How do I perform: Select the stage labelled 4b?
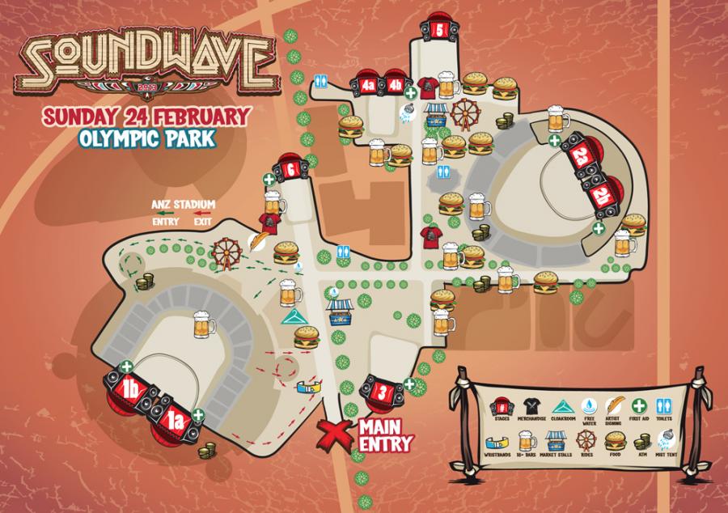pyautogui.click(x=395, y=85)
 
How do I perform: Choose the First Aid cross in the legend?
pyautogui.click(x=639, y=405)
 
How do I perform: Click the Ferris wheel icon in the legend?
pyautogui.click(x=585, y=440)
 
